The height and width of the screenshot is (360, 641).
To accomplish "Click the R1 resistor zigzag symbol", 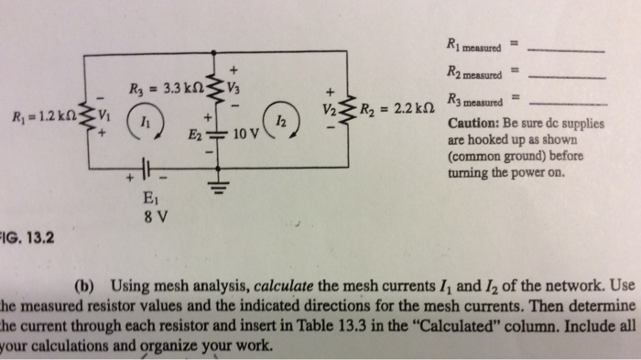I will coord(86,117).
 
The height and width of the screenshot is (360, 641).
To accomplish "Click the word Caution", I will coord(473,124).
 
